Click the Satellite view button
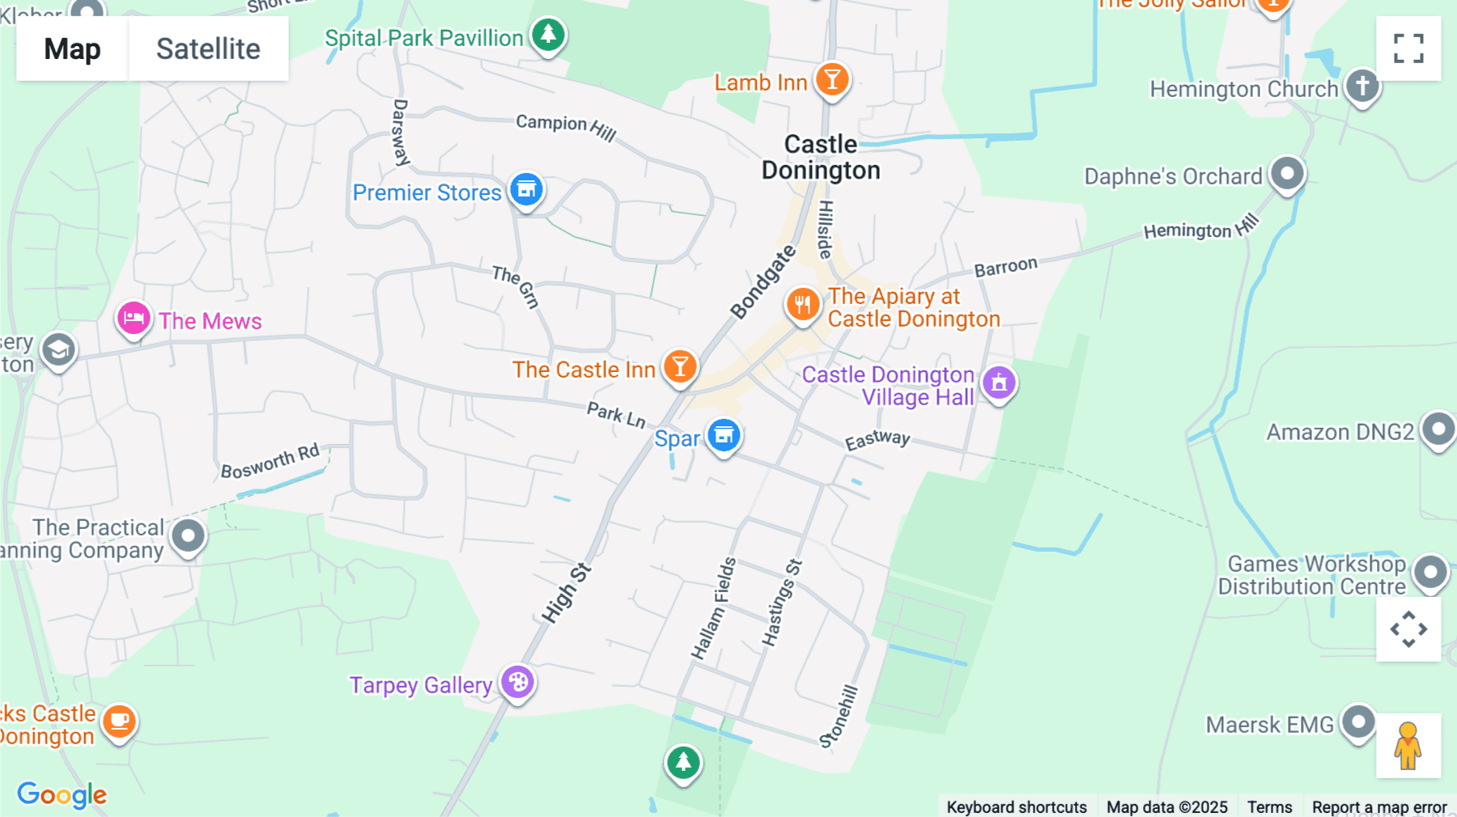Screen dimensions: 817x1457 click(x=208, y=49)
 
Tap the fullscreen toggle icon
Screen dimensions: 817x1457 click(x=1408, y=49)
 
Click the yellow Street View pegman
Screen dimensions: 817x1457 click(x=1408, y=746)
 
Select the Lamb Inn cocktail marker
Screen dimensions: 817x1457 click(x=831, y=80)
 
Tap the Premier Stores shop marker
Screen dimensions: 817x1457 click(x=526, y=190)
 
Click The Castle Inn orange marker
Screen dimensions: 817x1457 click(x=680, y=367)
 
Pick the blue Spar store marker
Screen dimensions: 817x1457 click(x=724, y=435)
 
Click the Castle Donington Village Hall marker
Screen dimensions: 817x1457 click(x=999, y=383)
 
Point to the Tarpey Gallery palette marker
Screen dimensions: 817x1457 click(x=518, y=683)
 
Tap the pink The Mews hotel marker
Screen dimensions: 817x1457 click(x=134, y=319)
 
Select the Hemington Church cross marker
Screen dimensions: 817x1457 click(x=1362, y=85)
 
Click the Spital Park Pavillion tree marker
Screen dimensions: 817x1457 click(x=548, y=35)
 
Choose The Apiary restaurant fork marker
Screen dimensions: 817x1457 click(x=802, y=305)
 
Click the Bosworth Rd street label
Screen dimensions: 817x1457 click(x=270, y=461)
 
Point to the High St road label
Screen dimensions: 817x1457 click(x=566, y=593)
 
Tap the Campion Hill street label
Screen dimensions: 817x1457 click(x=566, y=126)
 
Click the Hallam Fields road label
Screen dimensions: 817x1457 click(x=713, y=607)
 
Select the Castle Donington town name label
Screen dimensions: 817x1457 click(x=821, y=157)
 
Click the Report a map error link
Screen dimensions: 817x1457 click(x=1379, y=806)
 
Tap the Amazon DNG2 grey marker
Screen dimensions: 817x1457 click(x=1438, y=429)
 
